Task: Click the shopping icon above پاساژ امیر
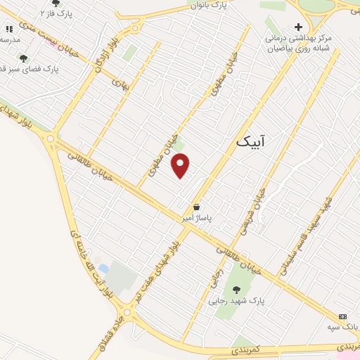(x=198, y=207)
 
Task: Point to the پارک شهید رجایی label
(x=236, y=300)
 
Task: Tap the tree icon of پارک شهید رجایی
(x=236, y=288)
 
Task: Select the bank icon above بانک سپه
(x=342, y=316)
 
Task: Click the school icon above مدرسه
(x=9, y=29)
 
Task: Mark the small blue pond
(x=104, y=269)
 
